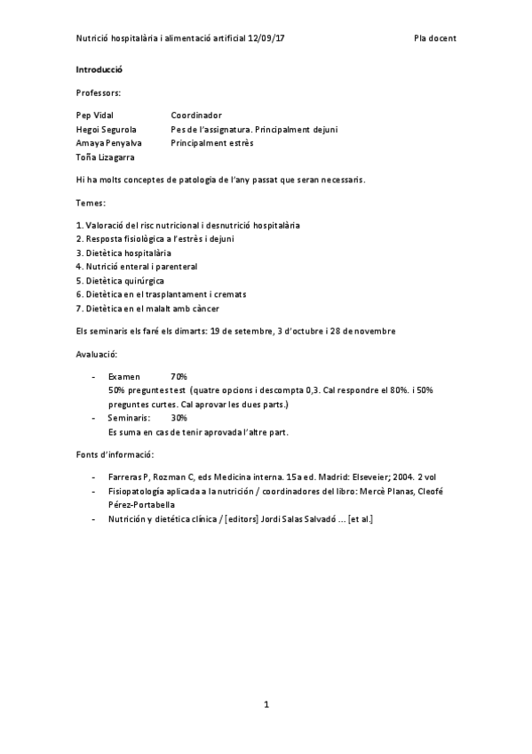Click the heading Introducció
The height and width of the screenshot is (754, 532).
coord(99,68)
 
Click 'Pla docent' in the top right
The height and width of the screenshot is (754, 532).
coord(435,38)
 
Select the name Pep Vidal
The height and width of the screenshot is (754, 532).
coord(95,115)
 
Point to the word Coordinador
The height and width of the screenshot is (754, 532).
coord(196,115)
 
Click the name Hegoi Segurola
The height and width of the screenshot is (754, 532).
coord(106,129)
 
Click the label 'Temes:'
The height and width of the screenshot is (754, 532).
coord(91,202)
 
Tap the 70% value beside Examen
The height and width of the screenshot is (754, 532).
coord(179,376)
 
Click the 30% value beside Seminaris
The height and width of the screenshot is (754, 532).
coord(179,417)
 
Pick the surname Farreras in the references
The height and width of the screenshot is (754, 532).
coord(125,477)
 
